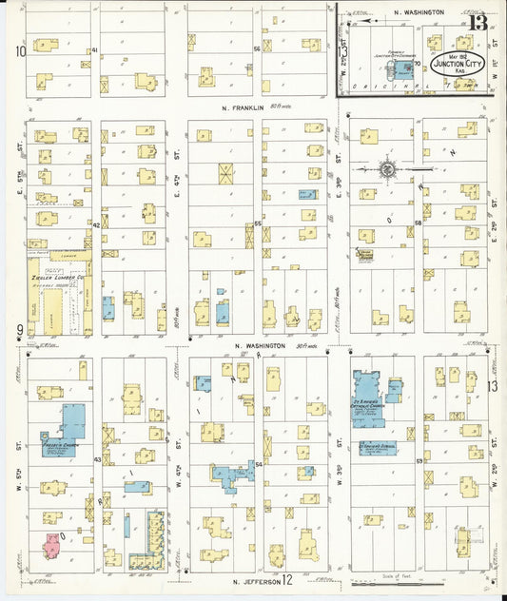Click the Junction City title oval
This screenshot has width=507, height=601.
[460, 64]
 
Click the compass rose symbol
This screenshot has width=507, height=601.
[387, 169]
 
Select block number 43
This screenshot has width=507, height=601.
[96, 459]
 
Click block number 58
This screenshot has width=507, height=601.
[418, 223]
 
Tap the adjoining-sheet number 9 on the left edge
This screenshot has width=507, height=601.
[19, 330]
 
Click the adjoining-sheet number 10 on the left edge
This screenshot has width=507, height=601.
[20, 52]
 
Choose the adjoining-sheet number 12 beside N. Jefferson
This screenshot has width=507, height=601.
[286, 578]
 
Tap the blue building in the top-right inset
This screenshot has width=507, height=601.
[406, 68]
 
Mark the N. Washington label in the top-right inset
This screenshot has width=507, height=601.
[419, 12]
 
